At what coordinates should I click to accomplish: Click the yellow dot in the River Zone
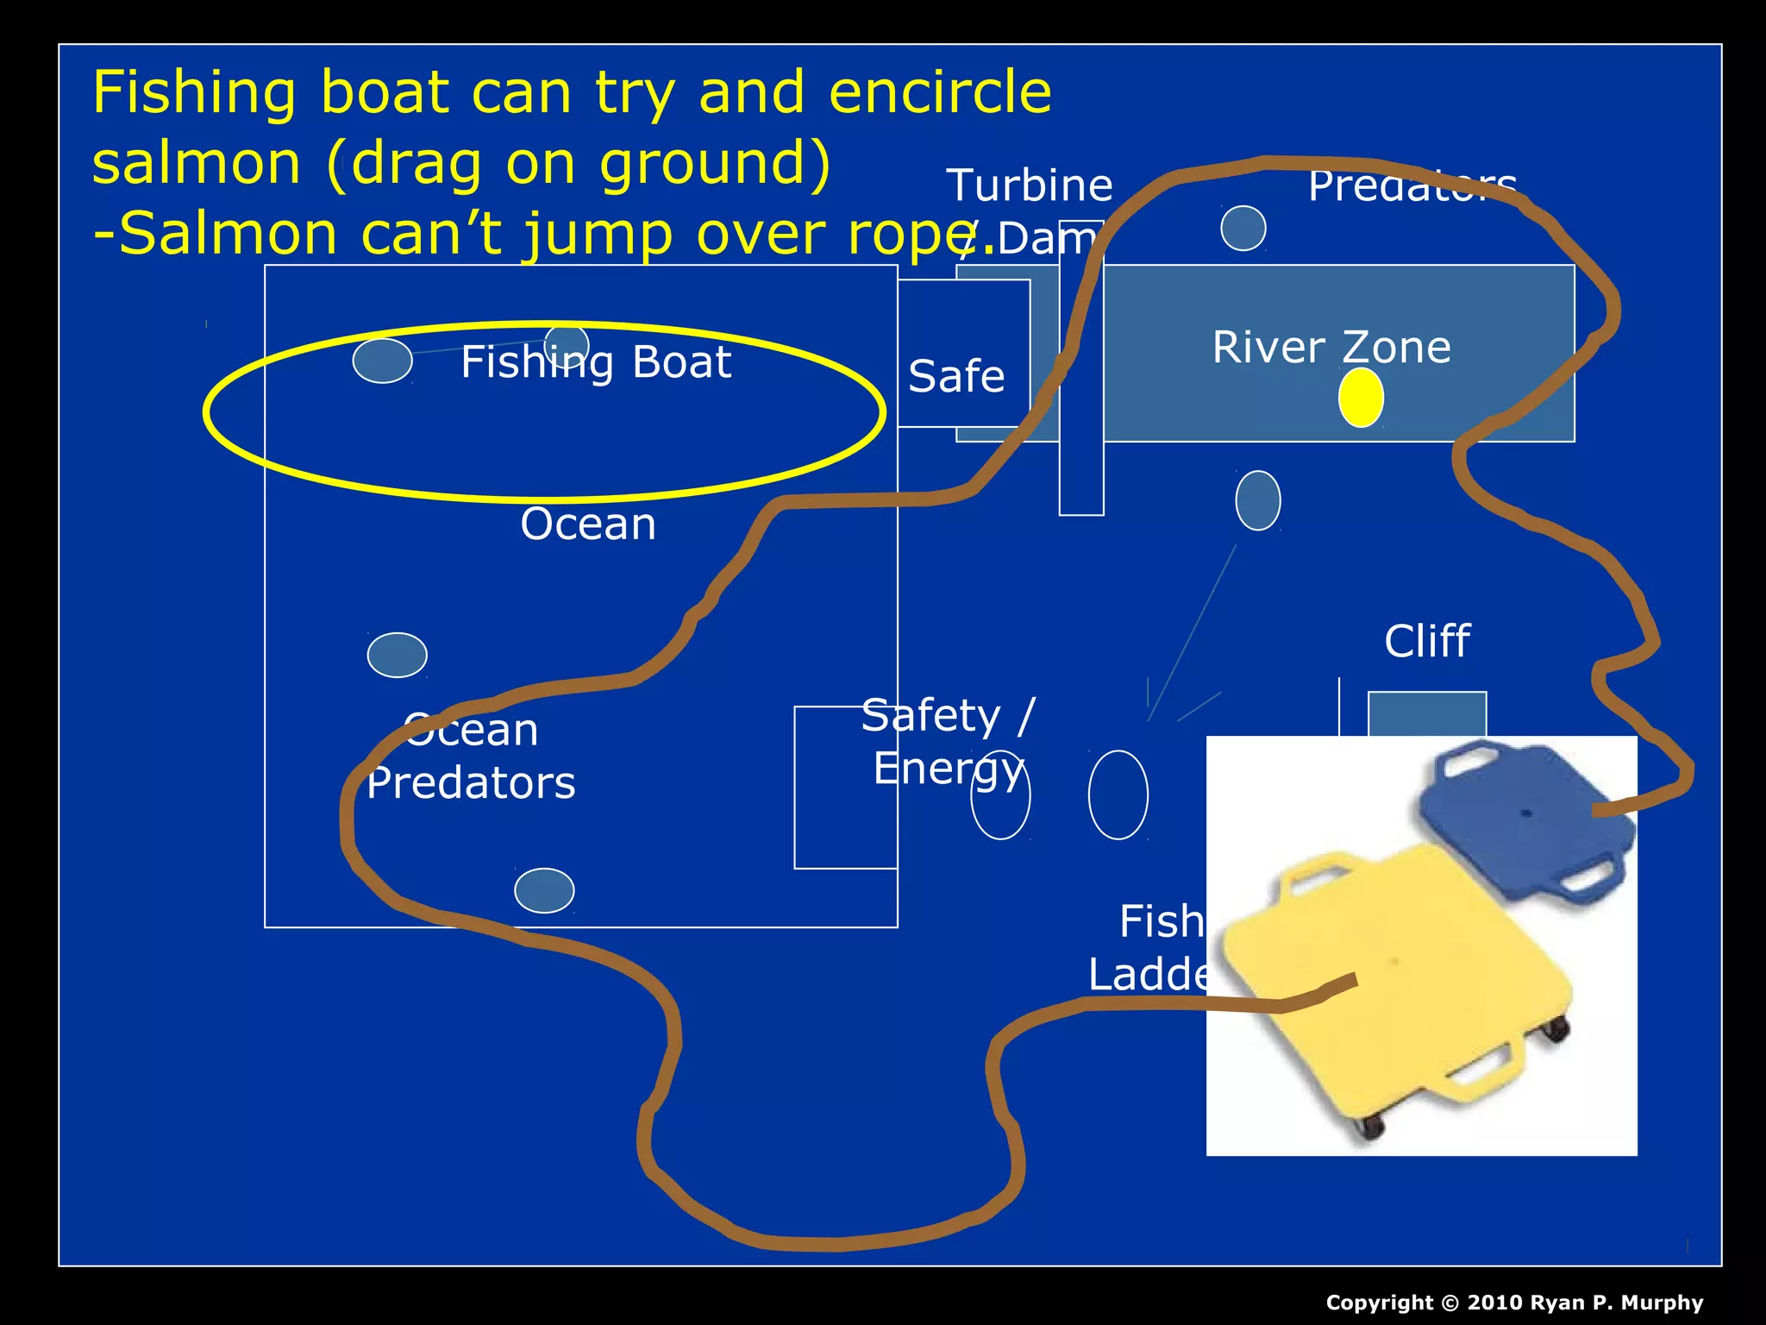click(1361, 398)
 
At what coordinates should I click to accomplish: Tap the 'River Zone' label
click(1331, 348)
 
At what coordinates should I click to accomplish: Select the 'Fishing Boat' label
click(596, 362)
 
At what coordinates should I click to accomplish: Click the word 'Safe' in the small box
click(956, 377)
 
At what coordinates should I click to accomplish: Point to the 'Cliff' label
click(1427, 642)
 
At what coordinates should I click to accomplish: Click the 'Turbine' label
click(1030, 185)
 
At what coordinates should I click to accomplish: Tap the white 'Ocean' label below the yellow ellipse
click(588, 524)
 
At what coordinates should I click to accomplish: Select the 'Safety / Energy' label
click(949, 742)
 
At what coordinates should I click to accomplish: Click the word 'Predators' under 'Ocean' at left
click(471, 783)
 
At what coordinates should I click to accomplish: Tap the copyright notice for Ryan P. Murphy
click(1514, 1303)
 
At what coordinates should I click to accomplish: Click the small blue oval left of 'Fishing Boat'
click(382, 361)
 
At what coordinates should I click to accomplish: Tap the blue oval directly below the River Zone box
click(1258, 500)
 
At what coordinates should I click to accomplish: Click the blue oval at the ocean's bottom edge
click(544, 890)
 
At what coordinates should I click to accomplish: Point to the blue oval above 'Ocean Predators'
click(397, 655)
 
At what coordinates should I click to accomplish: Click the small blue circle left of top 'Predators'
click(1243, 229)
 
